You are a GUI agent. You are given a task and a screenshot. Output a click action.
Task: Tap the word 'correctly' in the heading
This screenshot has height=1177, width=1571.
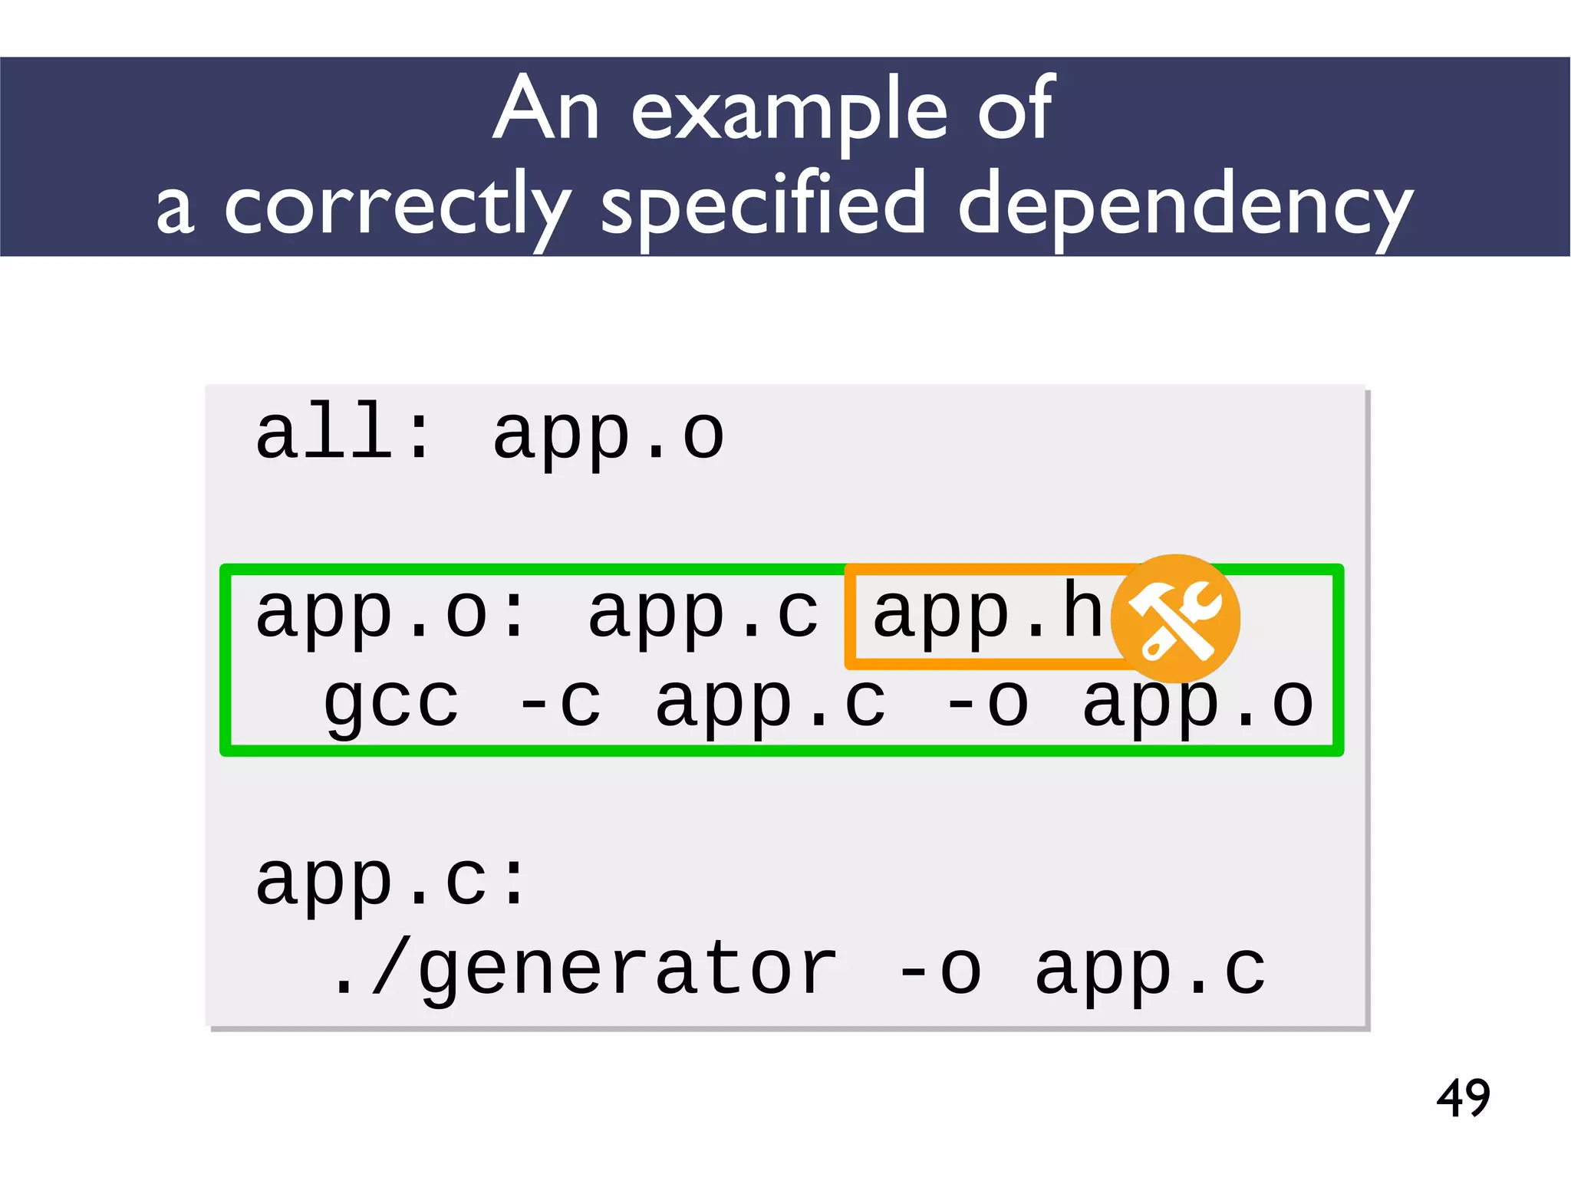click(397, 205)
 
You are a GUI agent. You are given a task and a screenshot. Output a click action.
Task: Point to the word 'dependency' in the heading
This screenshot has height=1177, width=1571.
click(1186, 205)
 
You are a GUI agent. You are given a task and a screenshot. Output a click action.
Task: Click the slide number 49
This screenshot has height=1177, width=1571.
click(1463, 1098)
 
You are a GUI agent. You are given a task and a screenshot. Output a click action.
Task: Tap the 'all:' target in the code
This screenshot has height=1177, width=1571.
click(343, 433)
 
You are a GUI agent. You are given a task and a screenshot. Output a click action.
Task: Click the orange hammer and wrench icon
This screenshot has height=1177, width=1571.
click(1175, 619)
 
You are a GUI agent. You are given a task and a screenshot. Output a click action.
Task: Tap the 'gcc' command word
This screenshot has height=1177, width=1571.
click(391, 702)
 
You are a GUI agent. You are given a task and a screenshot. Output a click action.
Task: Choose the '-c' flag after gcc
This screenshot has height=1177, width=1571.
click(560, 702)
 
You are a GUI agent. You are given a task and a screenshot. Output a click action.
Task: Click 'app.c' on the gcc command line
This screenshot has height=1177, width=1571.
click(770, 702)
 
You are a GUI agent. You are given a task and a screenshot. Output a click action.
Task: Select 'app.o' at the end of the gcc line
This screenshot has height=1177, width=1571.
click(1197, 702)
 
